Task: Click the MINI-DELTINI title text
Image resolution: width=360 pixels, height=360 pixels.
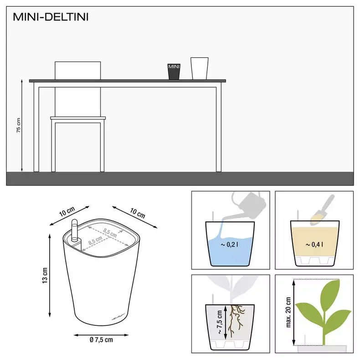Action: (x=51, y=18)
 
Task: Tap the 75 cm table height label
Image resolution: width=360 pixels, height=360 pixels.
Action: (x=19, y=125)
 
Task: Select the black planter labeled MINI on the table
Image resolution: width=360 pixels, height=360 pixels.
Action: (x=174, y=72)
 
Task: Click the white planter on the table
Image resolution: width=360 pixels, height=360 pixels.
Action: (x=199, y=68)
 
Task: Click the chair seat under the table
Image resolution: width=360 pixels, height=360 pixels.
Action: (x=78, y=118)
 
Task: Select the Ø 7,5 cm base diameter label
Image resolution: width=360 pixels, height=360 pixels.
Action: (x=101, y=339)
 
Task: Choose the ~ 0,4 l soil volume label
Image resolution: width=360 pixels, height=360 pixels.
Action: (x=314, y=245)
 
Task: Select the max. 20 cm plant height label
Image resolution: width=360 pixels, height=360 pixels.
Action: (x=288, y=313)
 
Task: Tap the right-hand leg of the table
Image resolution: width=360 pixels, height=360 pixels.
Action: (x=219, y=128)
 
